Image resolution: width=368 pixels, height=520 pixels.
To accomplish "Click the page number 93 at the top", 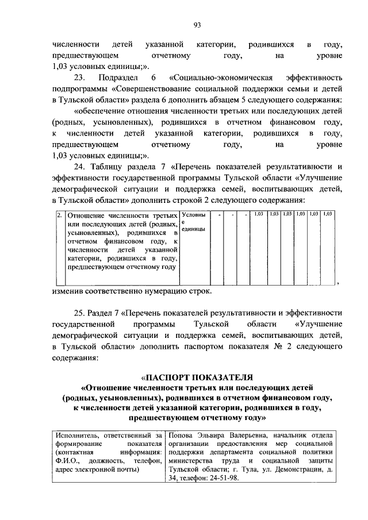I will click(197, 24).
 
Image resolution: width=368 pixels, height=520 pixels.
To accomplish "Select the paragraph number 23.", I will click(80, 77).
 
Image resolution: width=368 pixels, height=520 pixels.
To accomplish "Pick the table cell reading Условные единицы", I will click(191, 222).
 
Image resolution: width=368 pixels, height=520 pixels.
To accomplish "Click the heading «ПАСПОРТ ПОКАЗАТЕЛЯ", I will click(197, 378).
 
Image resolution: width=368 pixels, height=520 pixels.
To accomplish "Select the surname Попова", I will click(182, 435).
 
